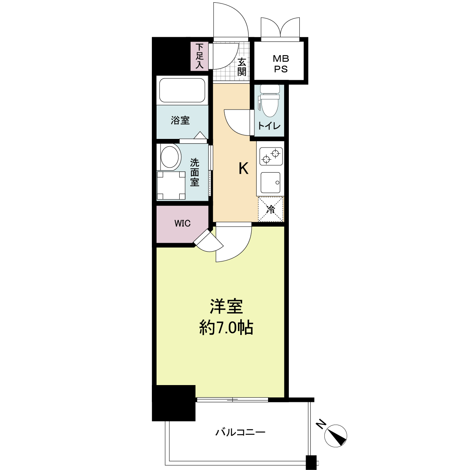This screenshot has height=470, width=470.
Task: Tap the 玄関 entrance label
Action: tap(242, 67)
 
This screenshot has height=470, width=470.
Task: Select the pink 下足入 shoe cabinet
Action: tap(200, 56)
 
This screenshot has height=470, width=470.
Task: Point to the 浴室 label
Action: tap(180, 121)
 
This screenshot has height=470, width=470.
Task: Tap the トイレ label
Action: tap(269, 126)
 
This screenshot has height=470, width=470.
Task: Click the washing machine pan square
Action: tap(171, 185)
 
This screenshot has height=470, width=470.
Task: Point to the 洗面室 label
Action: tap(194, 172)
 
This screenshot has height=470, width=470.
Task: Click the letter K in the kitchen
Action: tap(243, 169)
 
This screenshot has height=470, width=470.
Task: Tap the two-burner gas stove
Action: tap(270, 155)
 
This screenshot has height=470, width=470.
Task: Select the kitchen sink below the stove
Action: tap(270, 182)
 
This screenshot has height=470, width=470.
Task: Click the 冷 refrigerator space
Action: tap(270, 209)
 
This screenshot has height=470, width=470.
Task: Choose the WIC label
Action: tap(182, 223)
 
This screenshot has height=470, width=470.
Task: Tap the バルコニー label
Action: tap(240, 432)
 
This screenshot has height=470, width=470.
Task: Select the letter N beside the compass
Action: tap(321, 424)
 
